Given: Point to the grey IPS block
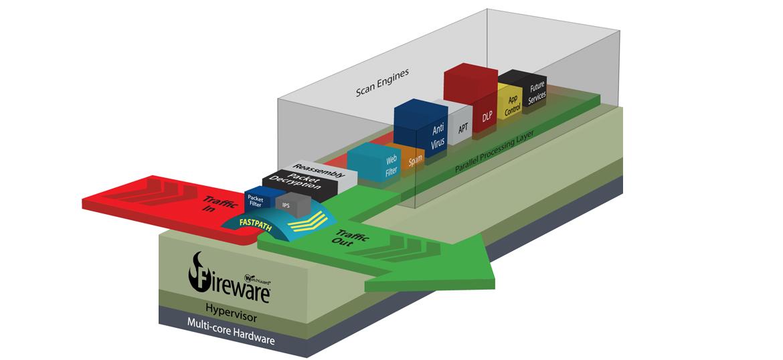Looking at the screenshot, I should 286,206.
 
